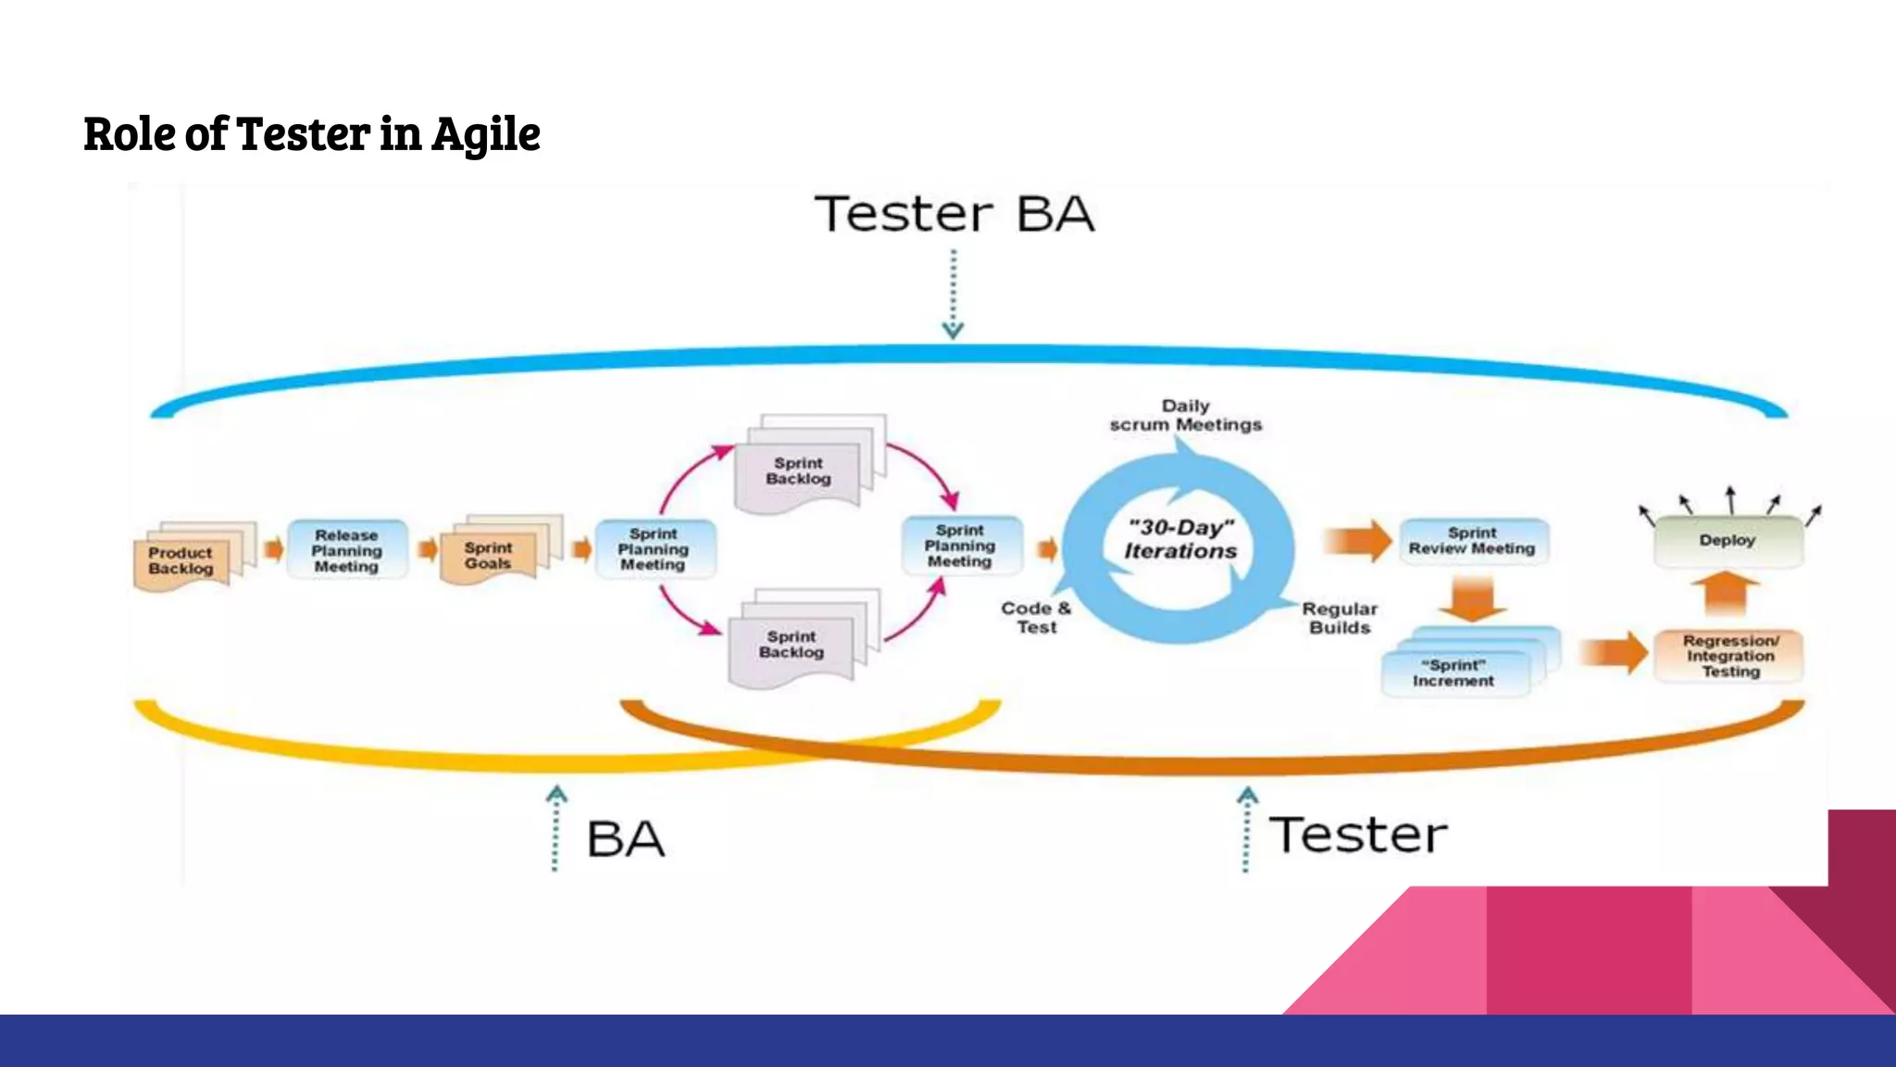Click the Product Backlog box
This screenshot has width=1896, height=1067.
[181, 560]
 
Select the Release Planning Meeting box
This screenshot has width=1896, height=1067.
[347, 550]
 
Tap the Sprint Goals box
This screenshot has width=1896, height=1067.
[489, 556]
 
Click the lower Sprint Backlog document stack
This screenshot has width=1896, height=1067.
[792, 645]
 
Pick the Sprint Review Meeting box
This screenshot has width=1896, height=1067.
[1472, 541]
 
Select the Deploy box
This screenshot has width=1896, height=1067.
[1728, 540]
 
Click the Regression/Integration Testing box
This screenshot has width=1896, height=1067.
[1729, 656]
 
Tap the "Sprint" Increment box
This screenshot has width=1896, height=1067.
[1453, 672]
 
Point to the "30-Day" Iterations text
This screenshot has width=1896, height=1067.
[1180, 539]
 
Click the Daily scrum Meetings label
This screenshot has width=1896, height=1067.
[1186, 415]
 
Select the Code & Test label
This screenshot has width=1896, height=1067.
[1036, 617]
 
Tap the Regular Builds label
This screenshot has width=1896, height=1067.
[1340, 618]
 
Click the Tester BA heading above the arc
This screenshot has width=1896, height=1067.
[954, 214]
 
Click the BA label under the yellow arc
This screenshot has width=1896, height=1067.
[626, 839]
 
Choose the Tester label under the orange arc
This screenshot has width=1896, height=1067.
[1358, 835]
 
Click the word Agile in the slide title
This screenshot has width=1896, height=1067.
[486, 134]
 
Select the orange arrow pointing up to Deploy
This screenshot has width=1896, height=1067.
[1726, 594]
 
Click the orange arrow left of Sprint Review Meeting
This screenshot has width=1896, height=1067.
[1357, 541]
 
